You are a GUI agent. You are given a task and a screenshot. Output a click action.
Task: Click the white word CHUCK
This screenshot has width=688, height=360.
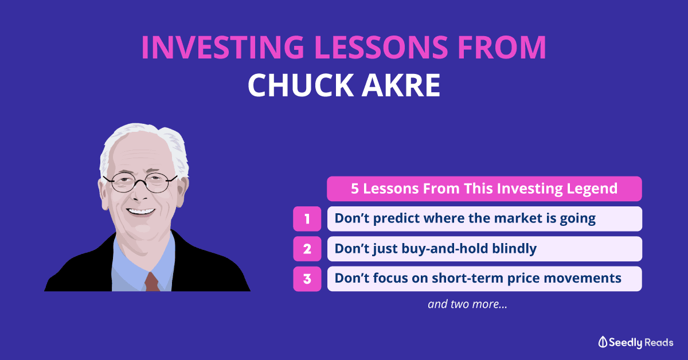point(300,85)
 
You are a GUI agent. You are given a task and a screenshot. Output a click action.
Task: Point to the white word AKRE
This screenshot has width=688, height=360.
point(401,85)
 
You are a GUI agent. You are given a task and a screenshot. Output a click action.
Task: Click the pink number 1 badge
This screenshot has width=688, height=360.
point(307,219)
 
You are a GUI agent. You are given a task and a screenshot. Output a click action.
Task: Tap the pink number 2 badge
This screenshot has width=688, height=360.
point(307,249)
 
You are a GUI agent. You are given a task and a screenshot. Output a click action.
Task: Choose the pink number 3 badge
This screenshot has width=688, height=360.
point(307,279)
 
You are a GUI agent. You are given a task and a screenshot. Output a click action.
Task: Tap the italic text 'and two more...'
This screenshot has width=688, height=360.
point(467,304)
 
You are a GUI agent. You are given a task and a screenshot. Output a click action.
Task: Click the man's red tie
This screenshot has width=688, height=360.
point(152,281)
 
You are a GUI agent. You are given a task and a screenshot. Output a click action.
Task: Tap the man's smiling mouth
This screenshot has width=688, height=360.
point(140,212)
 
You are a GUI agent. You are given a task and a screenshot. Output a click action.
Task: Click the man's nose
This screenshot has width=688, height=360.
point(140,193)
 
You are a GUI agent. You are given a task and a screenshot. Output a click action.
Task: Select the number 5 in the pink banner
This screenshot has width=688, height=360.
point(355,189)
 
